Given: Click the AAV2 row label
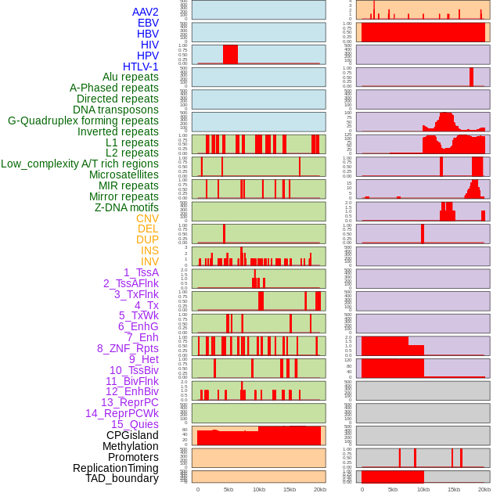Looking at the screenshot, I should tap(145, 12).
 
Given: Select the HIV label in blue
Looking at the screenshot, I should tap(149, 45).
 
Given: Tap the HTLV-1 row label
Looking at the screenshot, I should tap(140, 67).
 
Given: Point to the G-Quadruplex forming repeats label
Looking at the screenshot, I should tap(83, 121).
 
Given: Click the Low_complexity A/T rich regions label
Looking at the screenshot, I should tap(80, 164).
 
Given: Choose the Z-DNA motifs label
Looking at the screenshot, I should tap(126, 207).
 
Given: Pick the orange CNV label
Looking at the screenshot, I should tap(147, 218).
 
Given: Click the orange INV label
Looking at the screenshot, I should tap(149, 261).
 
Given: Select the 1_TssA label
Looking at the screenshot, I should tap(141, 272).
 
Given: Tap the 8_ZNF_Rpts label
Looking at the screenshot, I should tap(128, 348).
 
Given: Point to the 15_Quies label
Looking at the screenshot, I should tap(135, 424).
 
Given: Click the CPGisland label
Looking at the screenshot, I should tap(132, 435).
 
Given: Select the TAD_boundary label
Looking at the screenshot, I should tap(122, 478).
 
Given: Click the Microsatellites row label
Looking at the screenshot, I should tap(124, 175).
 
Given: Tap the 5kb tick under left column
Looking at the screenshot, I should tap(229, 489).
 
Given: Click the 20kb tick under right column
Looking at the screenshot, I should tap(484, 489).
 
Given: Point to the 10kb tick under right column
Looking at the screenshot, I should tap(423, 489).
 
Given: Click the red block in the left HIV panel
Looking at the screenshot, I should tap(230, 54).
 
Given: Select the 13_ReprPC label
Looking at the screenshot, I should tap(129, 402).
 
